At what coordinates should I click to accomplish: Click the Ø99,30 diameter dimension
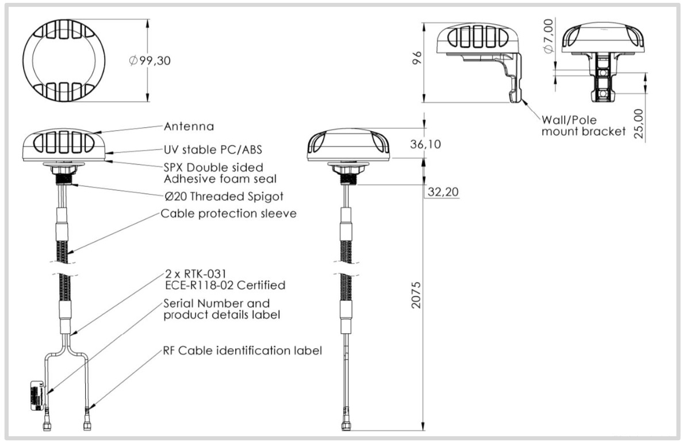(151, 60)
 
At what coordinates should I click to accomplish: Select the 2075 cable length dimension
(417, 295)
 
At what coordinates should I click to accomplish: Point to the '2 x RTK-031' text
(190, 274)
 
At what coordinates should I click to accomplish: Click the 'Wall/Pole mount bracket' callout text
(583, 125)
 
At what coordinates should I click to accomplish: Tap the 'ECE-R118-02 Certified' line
(225, 284)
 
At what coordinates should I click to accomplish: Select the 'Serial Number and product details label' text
(216, 309)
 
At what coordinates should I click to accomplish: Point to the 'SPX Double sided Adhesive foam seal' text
(213, 173)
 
